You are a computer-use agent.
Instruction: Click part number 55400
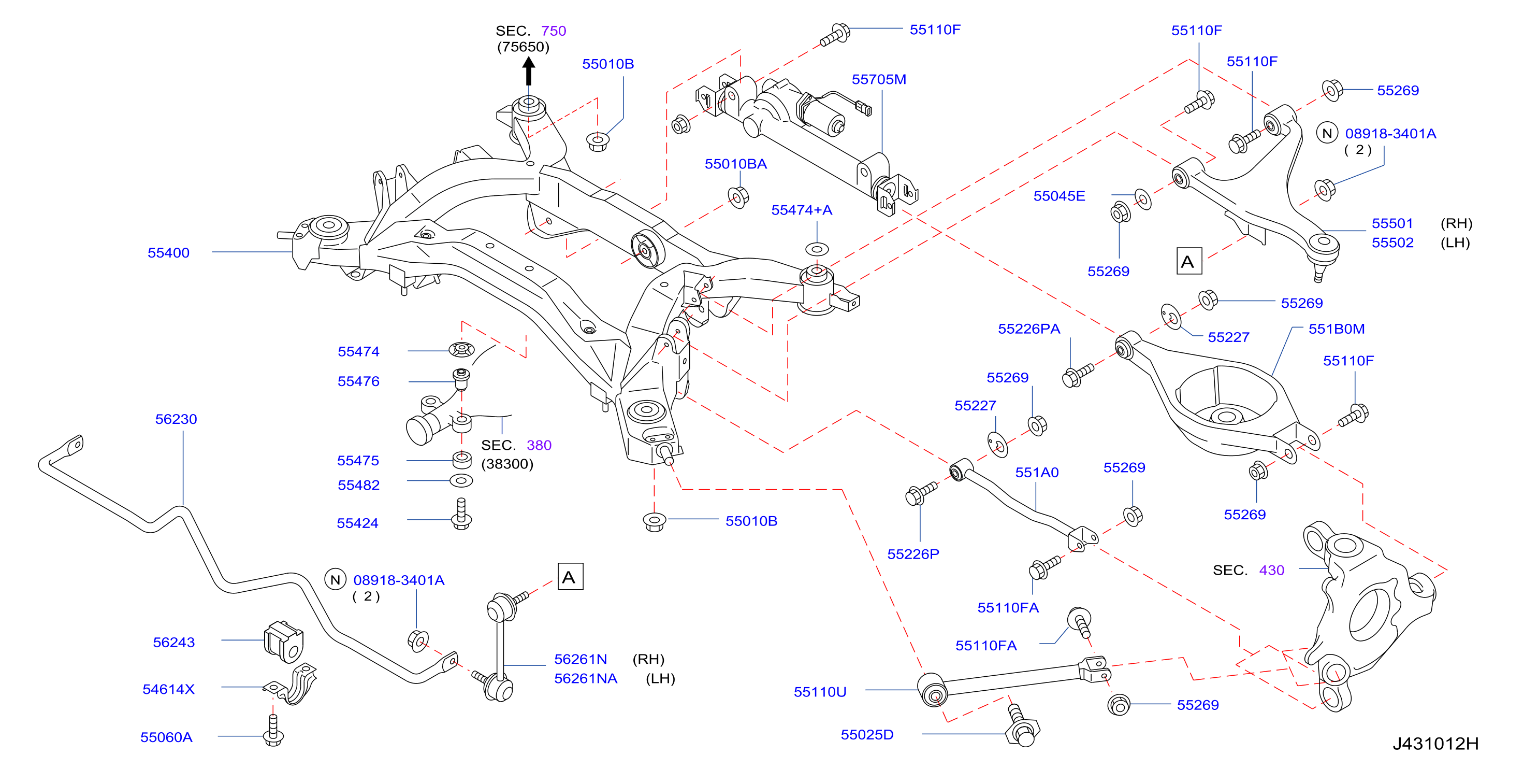(x=168, y=253)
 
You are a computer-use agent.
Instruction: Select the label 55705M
(x=879, y=79)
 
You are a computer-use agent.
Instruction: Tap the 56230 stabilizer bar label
(x=176, y=419)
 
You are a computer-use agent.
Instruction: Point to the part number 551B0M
(x=1336, y=329)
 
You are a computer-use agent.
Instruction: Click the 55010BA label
(x=735, y=164)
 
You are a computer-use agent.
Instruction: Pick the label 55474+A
(x=801, y=210)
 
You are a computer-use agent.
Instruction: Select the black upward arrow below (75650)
(x=528, y=70)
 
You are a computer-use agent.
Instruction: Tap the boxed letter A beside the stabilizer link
(x=570, y=577)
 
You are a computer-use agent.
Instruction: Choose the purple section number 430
(x=1271, y=570)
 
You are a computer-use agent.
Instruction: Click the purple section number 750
(x=554, y=31)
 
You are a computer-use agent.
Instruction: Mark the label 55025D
(x=867, y=734)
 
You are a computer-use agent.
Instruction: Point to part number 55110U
(x=820, y=691)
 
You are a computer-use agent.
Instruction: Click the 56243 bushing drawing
(x=284, y=642)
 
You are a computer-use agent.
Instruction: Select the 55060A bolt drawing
(x=273, y=730)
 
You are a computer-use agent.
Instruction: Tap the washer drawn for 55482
(x=461, y=480)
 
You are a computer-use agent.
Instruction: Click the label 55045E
(x=1059, y=196)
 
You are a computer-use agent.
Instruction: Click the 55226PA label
(x=1029, y=329)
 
